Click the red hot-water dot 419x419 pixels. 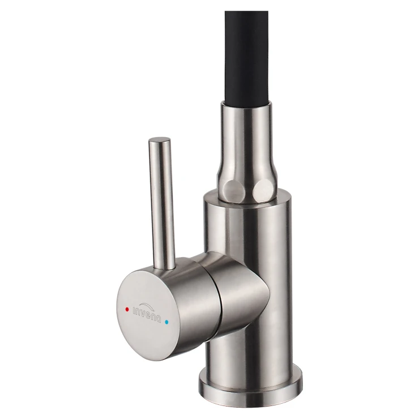point(127,310)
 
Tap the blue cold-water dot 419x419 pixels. point(167,322)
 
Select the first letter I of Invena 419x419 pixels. point(134,310)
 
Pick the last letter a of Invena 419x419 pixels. point(159,319)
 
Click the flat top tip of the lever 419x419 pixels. point(159,140)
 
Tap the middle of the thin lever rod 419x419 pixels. point(162,203)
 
